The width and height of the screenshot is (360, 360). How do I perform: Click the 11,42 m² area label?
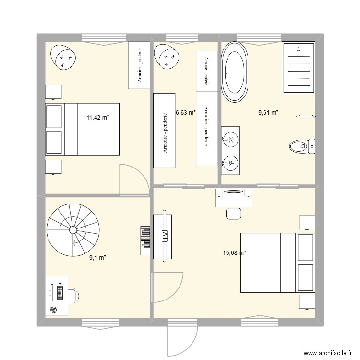coord(97,118)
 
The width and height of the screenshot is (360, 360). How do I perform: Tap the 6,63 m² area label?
coord(186,113)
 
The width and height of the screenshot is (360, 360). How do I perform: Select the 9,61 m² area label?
coord(268,113)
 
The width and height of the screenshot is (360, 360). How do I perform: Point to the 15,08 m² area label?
coord(234,253)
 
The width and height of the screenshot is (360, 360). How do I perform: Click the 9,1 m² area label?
coord(97,258)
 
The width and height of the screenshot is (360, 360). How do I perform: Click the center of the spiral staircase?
coord(73,230)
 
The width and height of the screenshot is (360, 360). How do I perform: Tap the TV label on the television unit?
coord(165,236)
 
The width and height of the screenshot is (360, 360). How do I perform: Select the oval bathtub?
coord(234,72)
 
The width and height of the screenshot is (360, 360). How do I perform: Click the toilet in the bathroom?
coord(302,146)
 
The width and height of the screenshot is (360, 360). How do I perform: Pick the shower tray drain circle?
coord(299,49)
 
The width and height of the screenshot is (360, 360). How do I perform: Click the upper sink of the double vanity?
coord(230,139)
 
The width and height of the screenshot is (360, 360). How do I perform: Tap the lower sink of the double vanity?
coord(230,163)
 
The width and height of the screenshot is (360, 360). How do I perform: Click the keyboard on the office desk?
coord(60,292)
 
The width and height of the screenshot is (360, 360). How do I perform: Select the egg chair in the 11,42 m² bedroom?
coord(63,57)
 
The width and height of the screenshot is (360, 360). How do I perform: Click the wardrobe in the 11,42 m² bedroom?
coord(139,65)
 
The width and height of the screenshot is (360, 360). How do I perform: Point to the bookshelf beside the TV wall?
coord(145,240)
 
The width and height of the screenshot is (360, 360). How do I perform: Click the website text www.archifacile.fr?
coord(328,353)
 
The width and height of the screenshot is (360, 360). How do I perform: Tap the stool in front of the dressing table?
coord(234,214)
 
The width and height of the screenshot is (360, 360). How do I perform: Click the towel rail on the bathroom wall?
coord(306,116)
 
